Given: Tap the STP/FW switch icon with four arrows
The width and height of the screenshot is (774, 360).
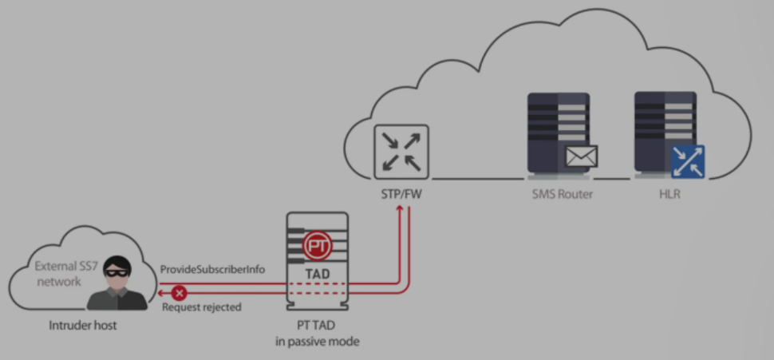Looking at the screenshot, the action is coord(401,152).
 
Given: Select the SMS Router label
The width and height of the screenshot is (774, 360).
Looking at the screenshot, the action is coord(563,194).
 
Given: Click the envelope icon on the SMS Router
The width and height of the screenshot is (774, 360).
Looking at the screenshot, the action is coord(581,156).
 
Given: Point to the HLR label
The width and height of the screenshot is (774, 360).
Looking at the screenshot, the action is coord(669,194).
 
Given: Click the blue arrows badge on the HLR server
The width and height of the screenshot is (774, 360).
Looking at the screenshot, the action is coord(688,161).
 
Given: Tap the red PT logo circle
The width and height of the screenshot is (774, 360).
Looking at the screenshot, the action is coord(318,245).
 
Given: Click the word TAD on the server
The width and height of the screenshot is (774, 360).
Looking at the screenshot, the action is coord(318,274).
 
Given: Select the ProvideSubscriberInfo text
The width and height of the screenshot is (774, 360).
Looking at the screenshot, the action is coord(212,270).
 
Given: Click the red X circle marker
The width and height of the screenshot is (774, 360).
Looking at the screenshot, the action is coord(180,294).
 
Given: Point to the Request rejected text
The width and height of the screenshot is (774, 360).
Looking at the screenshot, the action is coord(202,307).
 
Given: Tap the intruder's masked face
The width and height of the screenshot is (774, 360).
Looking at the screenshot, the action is coord(117,271).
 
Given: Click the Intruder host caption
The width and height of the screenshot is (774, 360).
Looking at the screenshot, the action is coord(83,326).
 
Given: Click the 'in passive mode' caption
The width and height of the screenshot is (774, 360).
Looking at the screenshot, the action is coord(318,341).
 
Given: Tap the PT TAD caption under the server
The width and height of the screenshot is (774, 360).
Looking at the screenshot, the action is coord(318,326).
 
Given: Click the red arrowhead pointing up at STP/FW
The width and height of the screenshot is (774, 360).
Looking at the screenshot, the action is coord(400,208).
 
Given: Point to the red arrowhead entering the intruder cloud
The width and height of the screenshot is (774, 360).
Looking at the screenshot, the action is coord(161,294).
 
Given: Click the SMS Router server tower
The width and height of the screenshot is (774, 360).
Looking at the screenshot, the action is coord(559,135).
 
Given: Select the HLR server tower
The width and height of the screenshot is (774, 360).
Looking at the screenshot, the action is coord(665,135).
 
